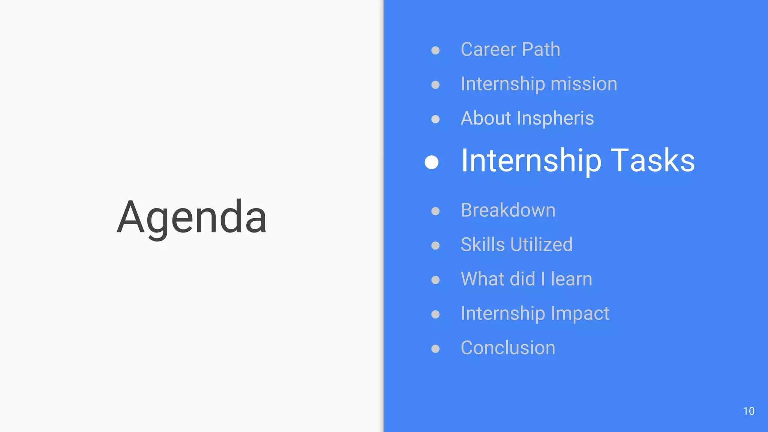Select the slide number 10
click(748, 411)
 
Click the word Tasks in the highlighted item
click(652, 160)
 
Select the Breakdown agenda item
click(508, 210)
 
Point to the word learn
click(571, 279)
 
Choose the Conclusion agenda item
click(508, 348)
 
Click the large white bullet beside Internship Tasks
click(432, 162)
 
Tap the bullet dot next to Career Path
click(435, 50)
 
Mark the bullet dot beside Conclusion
click(435, 349)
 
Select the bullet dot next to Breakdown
click(435, 211)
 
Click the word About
click(486, 118)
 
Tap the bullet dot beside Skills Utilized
click(435, 246)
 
